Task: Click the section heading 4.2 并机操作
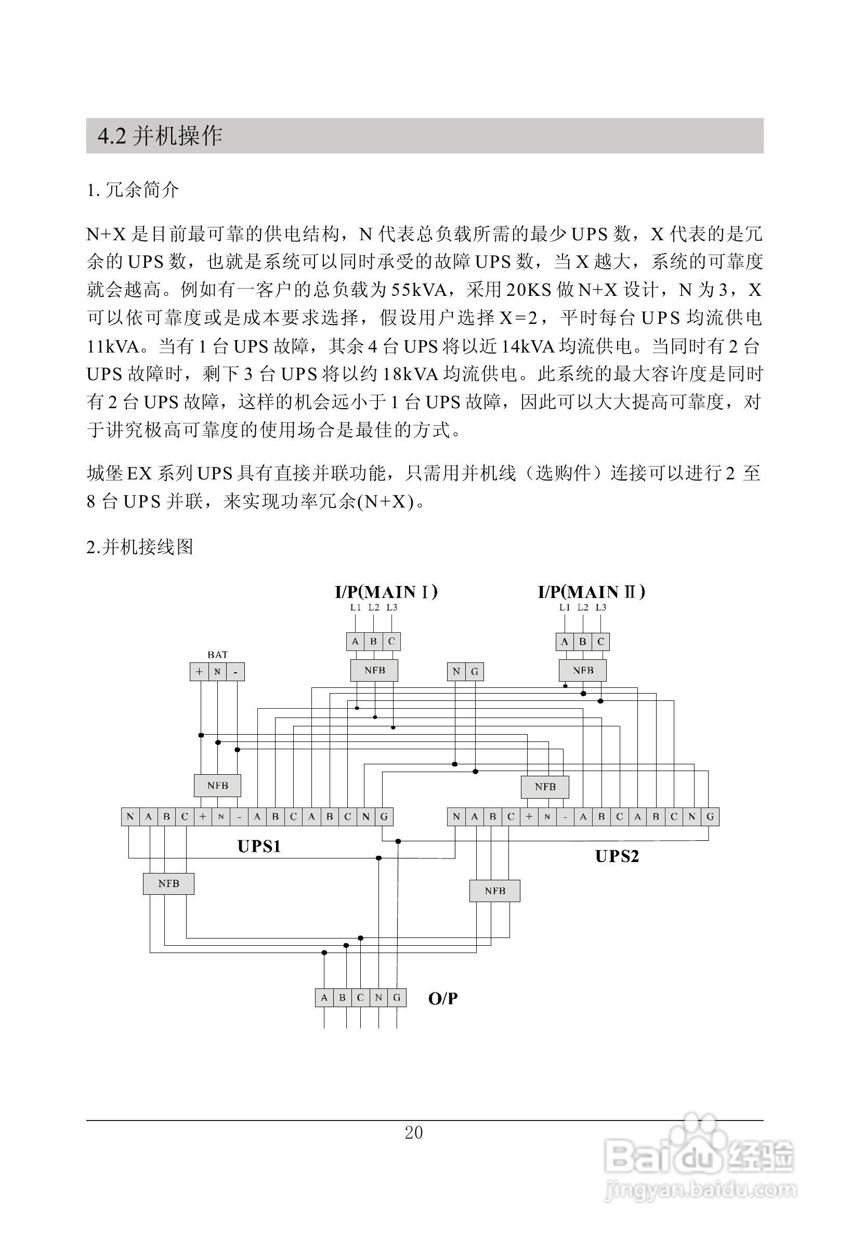[x=160, y=136]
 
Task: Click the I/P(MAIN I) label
[x=386, y=592]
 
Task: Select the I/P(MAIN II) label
[x=591, y=592]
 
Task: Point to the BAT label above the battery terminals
[x=217, y=655]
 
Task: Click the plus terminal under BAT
[x=199, y=672]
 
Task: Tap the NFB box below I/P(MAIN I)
[x=374, y=670]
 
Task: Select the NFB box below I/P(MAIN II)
[x=583, y=670]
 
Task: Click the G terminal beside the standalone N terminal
[x=475, y=672]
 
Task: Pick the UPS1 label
[x=259, y=847]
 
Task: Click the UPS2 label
[x=616, y=856]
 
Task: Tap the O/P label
[x=442, y=998]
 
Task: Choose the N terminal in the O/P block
[x=378, y=998]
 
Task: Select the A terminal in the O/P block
[x=324, y=998]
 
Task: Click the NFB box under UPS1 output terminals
[x=168, y=884]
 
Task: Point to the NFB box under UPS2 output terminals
[x=494, y=891]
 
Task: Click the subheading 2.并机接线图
[x=139, y=546]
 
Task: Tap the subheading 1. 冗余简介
[x=133, y=190]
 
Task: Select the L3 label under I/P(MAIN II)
[x=601, y=607]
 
